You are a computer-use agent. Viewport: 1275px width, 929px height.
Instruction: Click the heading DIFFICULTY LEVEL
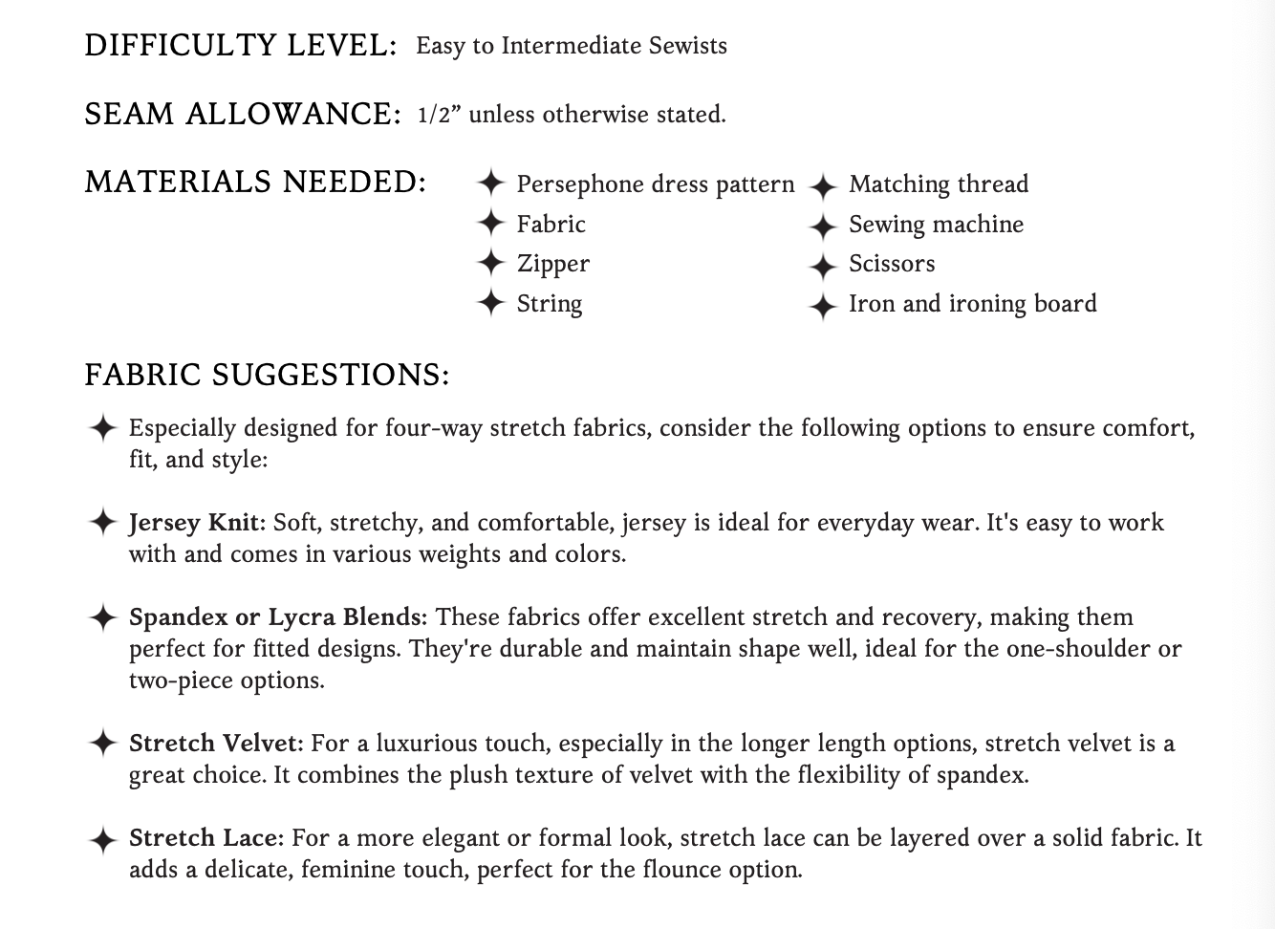click(240, 46)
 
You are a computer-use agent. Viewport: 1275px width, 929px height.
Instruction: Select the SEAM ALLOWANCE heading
click(242, 115)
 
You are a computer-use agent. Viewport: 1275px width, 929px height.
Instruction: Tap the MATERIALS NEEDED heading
click(255, 182)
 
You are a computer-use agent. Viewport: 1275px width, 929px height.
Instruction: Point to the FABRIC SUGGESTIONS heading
click(267, 375)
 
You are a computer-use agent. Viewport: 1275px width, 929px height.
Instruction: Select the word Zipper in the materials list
click(552, 264)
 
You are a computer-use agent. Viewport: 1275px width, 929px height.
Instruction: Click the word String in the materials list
click(549, 304)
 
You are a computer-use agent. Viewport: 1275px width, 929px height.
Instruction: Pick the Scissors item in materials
click(892, 264)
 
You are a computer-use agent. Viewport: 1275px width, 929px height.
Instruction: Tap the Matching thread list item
click(938, 184)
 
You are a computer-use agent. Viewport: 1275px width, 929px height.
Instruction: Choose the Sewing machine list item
click(936, 225)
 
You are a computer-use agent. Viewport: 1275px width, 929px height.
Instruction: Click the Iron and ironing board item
click(972, 304)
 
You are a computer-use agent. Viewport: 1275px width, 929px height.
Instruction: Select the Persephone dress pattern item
click(655, 184)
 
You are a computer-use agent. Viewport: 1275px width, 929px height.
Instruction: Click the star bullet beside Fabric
click(490, 224)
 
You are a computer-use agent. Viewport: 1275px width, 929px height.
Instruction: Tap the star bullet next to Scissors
click(823, 266)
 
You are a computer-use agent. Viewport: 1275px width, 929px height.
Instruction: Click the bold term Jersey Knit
click(195, 523)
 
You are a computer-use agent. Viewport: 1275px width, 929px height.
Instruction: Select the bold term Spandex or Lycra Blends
click(277, 617)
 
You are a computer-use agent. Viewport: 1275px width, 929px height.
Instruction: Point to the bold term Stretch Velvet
click(216, 744)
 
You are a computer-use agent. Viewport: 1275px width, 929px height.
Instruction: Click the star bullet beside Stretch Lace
click(102, 840)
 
